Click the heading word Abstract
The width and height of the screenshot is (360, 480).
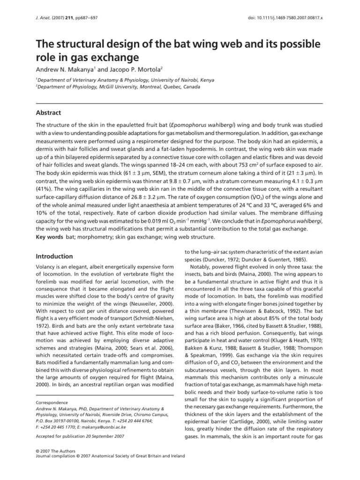49,113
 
